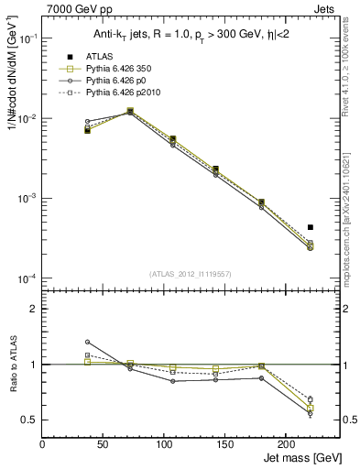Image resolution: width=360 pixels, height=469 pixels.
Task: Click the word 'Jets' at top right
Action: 325,10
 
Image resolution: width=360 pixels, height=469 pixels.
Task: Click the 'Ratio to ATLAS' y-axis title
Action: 12,365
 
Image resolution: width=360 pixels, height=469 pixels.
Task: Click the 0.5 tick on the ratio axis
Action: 29,420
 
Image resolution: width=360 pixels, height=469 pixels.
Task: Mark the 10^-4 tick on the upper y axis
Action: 27,278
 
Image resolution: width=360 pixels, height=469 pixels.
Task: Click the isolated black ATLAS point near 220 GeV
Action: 311,227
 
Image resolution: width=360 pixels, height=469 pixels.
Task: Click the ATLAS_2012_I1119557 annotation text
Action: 191,273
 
